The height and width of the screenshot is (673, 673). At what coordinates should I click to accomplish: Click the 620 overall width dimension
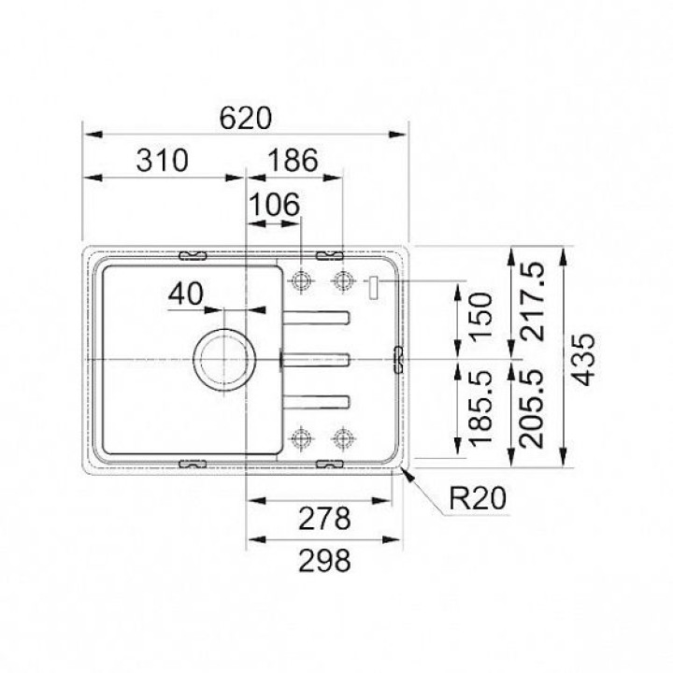pos(246,118)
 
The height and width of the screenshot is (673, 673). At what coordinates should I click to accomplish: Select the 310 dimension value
pos(163,161)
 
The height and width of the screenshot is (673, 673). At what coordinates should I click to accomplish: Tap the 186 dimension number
pos(294,160)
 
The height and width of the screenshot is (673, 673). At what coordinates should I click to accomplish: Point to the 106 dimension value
pos(274,205)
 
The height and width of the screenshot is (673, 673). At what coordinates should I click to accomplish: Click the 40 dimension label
pos(186,294)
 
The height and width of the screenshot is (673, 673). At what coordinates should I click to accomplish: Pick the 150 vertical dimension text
pos(481,317)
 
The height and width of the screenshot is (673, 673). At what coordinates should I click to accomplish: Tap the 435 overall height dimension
pos(584,360)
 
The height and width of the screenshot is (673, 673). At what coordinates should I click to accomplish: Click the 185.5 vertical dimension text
pos(481,408)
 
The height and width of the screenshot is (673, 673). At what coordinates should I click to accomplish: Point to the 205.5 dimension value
pos(532,409)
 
